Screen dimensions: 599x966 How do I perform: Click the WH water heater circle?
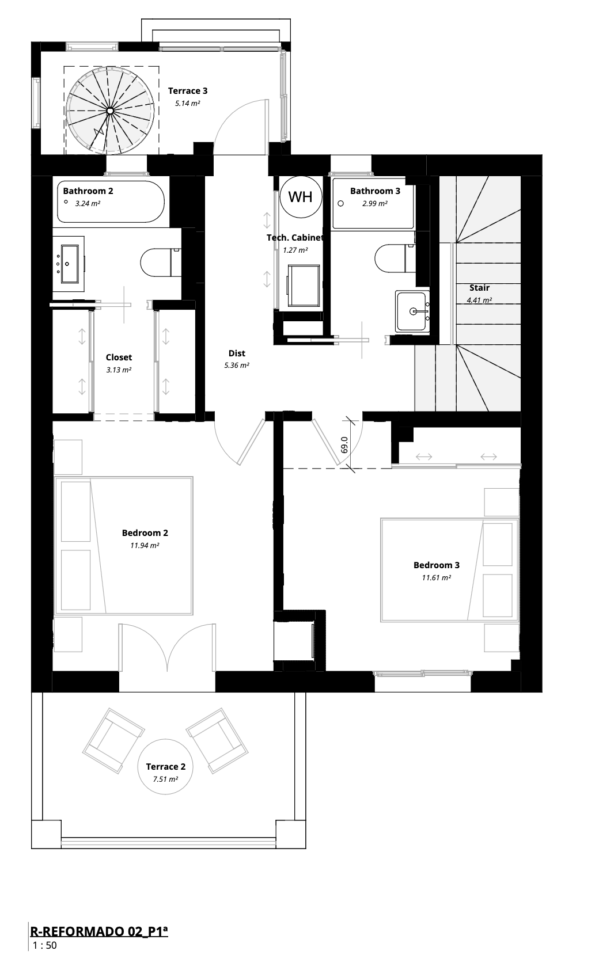[301, 197]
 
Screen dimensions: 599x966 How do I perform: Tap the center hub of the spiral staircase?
[110, 111]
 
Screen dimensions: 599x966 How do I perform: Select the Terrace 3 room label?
[188, 91]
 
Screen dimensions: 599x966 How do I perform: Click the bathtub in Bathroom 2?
[111, 202]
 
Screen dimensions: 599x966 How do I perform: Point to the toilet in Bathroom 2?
[161, 262]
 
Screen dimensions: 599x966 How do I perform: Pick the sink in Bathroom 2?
[69, 264]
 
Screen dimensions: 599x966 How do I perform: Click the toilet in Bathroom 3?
[395, 258]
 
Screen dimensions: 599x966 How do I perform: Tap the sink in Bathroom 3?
[412, 311]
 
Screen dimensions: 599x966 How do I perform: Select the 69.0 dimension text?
[344, 444]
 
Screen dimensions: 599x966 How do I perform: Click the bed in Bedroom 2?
[123, 546]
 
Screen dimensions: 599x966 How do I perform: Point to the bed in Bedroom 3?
[449, 570]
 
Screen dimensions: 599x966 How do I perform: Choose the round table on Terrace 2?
[165, 767]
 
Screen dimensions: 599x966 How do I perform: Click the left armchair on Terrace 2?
[113, 740]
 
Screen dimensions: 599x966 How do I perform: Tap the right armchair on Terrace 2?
[217, 740]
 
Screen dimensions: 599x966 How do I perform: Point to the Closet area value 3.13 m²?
[119, 370]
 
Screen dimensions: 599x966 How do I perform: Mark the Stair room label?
[479, 288]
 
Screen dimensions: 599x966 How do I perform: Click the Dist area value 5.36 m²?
[237, 366]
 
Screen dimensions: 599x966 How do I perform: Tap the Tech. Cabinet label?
[295, 238]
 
